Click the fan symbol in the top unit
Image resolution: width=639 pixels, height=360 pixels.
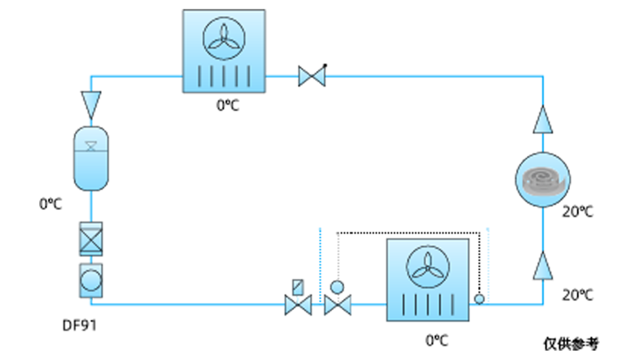click(224, 38)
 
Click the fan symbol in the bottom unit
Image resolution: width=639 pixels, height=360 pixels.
click(428, 267)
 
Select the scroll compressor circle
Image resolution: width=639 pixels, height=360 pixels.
click(543, 180)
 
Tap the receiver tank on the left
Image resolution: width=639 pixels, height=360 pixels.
click(91, 159)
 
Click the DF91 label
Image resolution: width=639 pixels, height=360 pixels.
click(79, 325)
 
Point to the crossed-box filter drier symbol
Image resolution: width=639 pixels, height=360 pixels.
click(91, 239)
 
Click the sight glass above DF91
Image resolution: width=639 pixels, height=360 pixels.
click(91, 281)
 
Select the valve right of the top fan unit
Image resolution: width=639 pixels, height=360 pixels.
click(312, 76)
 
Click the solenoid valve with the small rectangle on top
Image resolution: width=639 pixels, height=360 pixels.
click(298, 298)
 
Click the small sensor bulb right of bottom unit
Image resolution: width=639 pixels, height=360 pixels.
click(479, 299)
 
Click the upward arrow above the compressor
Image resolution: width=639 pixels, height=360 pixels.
click(543, 120)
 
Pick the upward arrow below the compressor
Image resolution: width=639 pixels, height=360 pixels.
click(543, 265)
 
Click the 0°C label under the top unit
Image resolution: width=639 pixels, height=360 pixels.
click(228, 105)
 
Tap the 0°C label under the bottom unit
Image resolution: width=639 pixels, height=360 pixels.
click(437, 340)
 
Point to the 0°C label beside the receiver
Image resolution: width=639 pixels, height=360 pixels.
click(50, 204)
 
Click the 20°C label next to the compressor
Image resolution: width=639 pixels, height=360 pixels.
click(578, 211)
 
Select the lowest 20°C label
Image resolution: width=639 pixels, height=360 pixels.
click(578, 295)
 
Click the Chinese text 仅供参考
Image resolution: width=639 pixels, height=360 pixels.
click(572, 344)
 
